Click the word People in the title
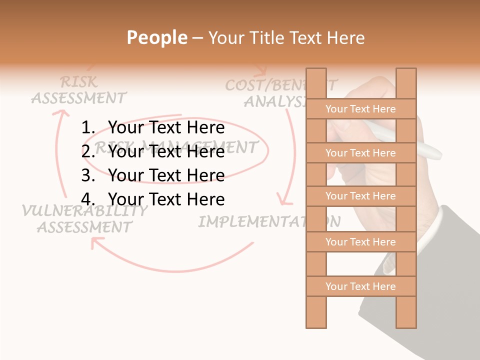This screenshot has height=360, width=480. click(156, 37)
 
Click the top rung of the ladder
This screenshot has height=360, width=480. click(360, 109)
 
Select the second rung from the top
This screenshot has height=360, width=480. click(360, 153)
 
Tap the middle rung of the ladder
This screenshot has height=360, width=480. click(360, 196)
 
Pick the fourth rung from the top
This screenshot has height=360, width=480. click(360, 242)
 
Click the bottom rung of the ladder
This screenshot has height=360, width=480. click(360, 286)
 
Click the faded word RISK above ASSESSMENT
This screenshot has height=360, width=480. click(78, 82)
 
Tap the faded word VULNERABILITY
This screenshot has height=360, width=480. click(84, 211)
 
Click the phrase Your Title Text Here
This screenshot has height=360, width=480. click(286, 38)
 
